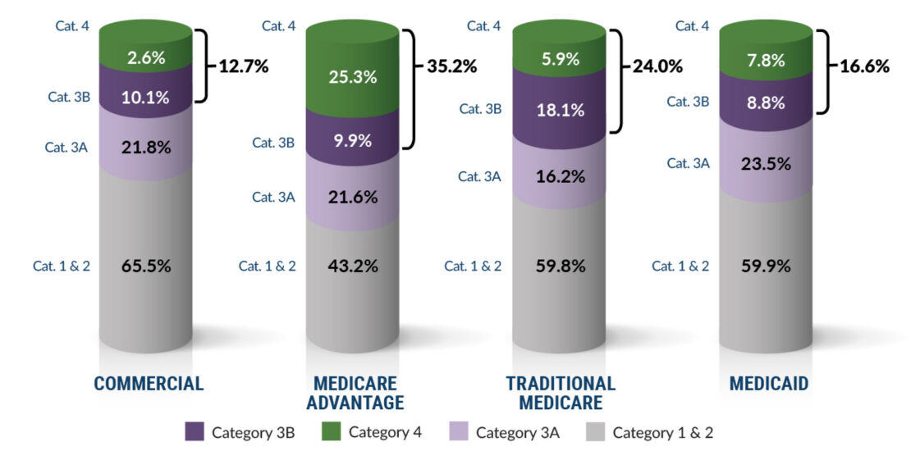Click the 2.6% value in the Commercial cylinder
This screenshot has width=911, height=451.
click(145, 58)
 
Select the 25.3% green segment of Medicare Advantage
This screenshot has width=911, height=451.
click(354, 77)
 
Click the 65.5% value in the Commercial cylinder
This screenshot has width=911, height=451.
click(145, 266)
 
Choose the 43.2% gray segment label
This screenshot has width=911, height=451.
click(354, 266)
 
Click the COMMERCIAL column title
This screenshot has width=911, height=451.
click(149, 384)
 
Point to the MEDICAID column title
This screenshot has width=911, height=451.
click(767, 384)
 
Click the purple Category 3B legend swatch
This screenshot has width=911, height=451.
click(194, 432)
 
